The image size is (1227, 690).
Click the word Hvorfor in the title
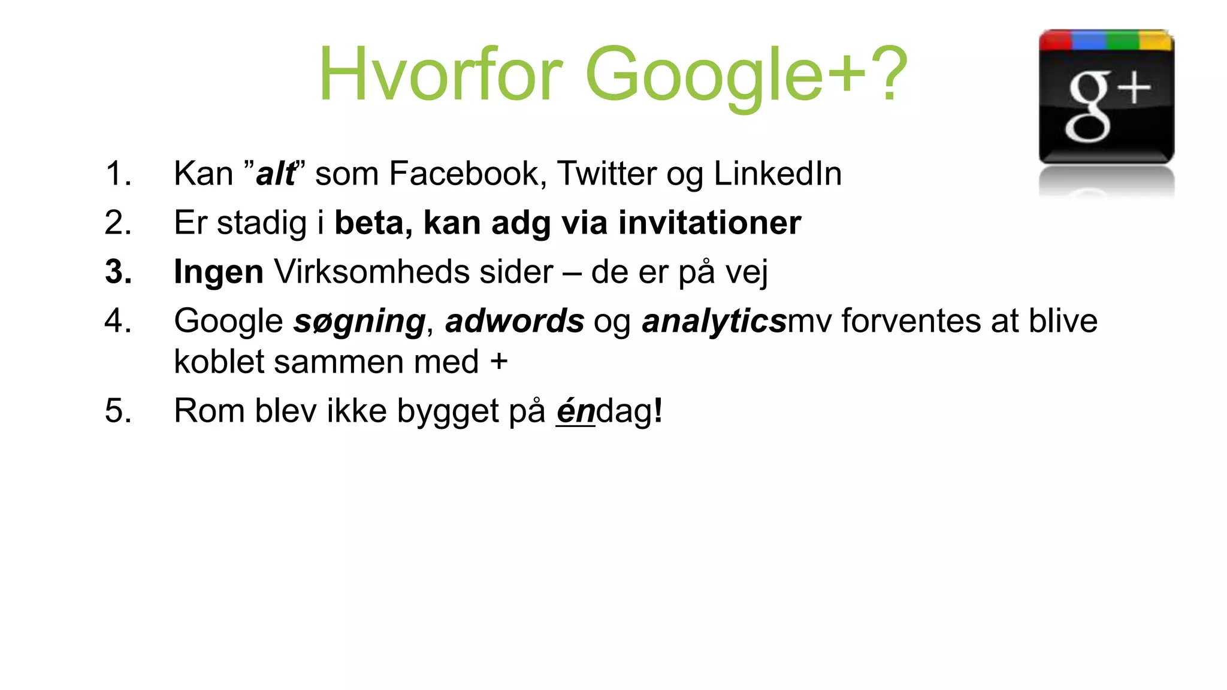click(x=440, y=75)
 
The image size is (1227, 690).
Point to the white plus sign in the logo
click(x=1135, y=90)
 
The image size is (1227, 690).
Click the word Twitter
click(x=606, y=174)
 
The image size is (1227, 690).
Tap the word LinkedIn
click(x=778, y=174)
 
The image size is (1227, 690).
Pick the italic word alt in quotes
click(x=275, y=174)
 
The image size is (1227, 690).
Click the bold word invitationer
click(x=709, y=223)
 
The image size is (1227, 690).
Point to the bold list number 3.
click(x=118, y=272)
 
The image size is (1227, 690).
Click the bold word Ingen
click(x=219, y=273)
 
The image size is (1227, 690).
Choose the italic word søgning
click(x=359, y=322)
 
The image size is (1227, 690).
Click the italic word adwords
click(x=515, y=321)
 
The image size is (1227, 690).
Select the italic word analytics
click(x=714, y=322)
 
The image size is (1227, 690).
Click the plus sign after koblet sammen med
click(x=498, y=362)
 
